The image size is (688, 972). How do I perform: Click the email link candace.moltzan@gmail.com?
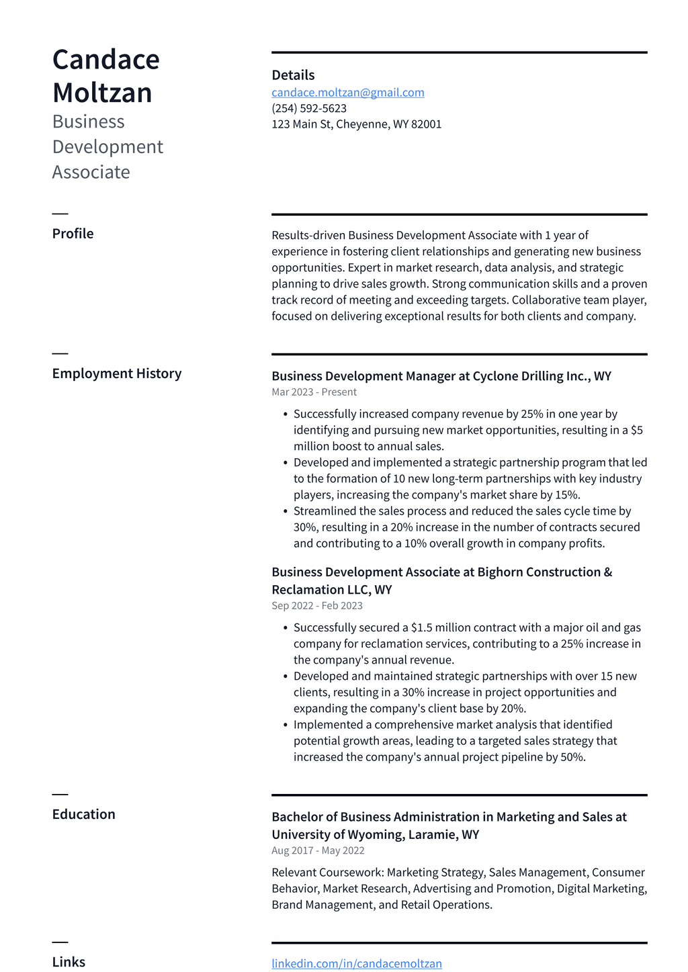(347, 92)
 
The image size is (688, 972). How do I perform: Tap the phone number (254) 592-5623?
(309, 108)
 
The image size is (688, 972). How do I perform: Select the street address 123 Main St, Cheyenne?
(356, 124)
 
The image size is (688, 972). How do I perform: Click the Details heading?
(293, 75)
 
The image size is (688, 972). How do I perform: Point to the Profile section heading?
(73, 234)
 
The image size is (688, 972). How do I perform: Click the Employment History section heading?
(117, 373)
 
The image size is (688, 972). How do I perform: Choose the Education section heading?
(83, 814)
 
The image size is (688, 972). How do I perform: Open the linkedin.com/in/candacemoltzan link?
(356, 963)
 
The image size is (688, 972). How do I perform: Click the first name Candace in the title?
(105, 60)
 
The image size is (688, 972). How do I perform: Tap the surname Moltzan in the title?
(102, 93)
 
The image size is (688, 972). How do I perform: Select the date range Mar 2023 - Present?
(314, 392)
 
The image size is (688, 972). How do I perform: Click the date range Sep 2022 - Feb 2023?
(316, 606)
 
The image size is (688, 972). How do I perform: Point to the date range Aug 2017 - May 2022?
(318, 850)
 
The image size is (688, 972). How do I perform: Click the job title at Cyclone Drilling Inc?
(441, 376)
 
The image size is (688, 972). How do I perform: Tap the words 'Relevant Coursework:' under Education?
(327, 873)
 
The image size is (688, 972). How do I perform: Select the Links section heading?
(69, 962)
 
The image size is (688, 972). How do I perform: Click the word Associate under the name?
(91, 172)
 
